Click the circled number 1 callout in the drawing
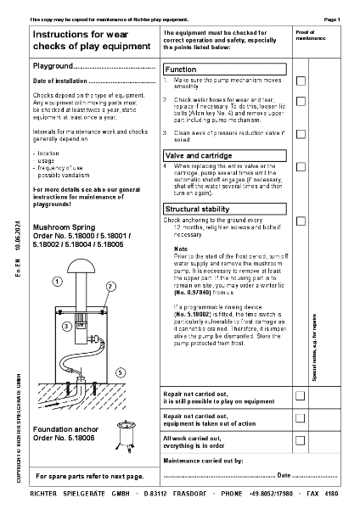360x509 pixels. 57,280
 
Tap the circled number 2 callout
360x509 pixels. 110,288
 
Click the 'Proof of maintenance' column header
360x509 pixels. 310,35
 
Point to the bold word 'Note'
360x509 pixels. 180,248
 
